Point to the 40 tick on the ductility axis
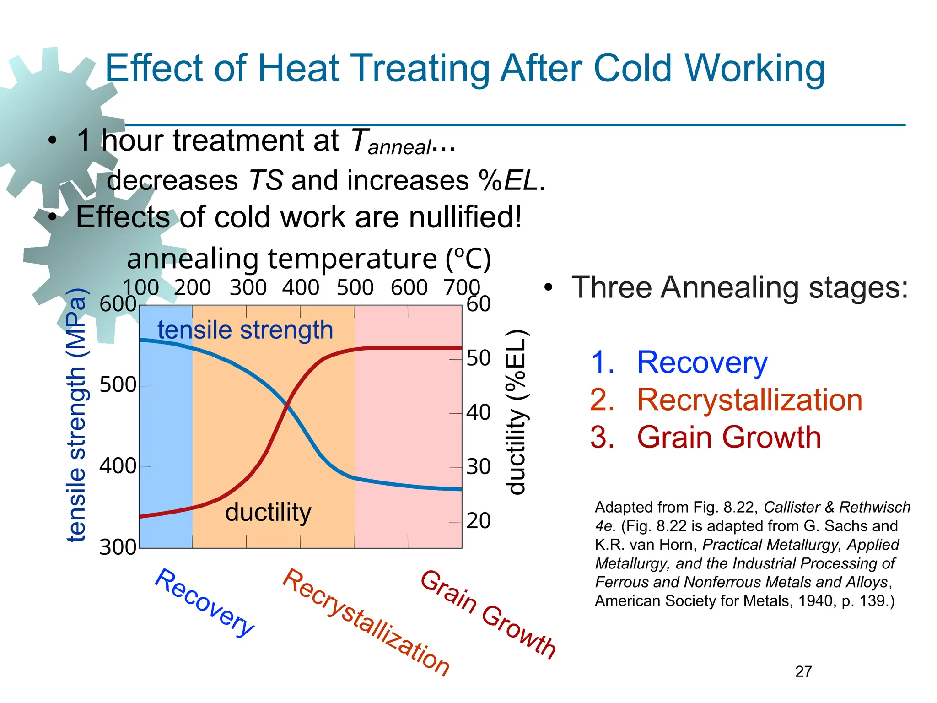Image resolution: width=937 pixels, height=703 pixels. (x=478, y=412)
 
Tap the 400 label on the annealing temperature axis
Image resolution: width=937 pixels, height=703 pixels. (x=301, y=287)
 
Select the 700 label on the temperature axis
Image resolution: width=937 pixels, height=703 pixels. (x=462, y=287)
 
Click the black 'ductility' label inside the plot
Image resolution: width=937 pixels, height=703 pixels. (x=268, y=512)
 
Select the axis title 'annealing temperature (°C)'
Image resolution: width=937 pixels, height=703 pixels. (x=309, y=259)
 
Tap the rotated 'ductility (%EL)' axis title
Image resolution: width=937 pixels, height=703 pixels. (x=517, y=412)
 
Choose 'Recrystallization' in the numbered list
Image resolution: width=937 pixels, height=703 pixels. (x=749, y=400)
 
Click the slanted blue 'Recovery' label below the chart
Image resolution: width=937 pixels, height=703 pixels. (x=204, y=602)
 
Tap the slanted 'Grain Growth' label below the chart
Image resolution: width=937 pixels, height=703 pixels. (x=488, y=614)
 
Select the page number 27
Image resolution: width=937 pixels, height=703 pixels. (x=803, y=671)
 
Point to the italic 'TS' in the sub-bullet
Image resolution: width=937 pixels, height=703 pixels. (x=265, y=180)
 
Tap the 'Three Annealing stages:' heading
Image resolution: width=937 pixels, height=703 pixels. (x=739, y=287)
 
